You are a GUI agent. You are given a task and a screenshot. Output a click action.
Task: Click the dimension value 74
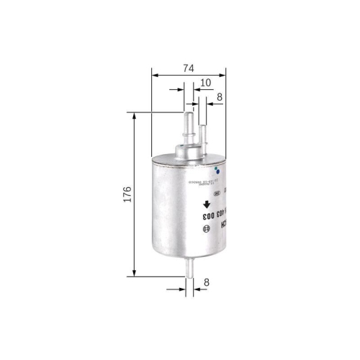[188, 68]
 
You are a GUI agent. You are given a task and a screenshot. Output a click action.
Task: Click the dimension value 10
[205, 83]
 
